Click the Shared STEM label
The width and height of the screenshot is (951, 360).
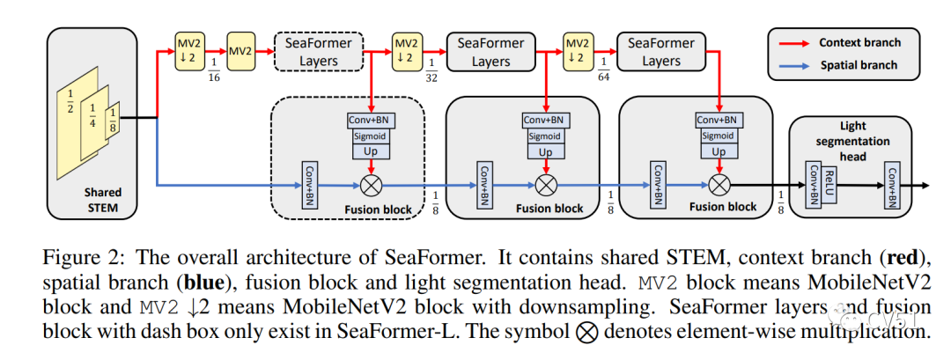[x=103, y=200]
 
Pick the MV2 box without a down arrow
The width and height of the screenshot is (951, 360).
[x=240, y=50]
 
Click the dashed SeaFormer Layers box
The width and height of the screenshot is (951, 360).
[x=318, y=50]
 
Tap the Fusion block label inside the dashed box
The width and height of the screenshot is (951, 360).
[x=379, y=209]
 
